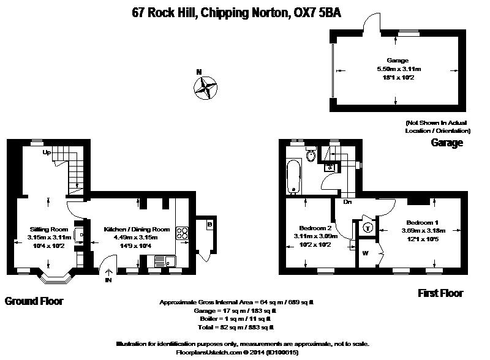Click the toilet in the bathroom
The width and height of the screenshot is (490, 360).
[312, 156]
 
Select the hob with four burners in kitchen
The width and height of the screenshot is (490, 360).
[183, 233]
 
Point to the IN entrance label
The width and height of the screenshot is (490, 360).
[108, 281]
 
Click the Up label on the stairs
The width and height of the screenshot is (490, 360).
[46, 152]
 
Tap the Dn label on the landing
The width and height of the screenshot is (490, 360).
[347, 201]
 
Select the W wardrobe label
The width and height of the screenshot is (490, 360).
[366, 252]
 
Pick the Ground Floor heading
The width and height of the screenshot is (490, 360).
[34, 301]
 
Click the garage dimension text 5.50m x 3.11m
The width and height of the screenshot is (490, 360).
[399, 69]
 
